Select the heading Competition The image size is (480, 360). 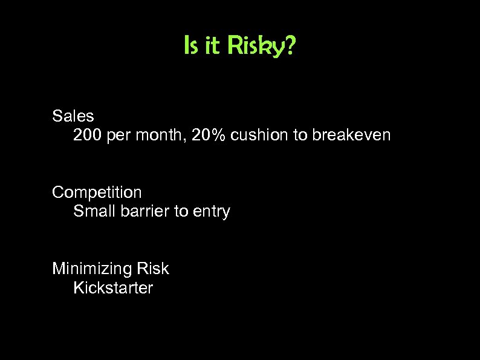pyautogui.click(x=97, y=192)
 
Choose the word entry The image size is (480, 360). pyautogui.click(x=212, y=212)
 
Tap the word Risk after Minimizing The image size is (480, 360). pyautogui.click(x=153, y=268)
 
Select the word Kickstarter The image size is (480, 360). pyautogui.click(x=113, y=287)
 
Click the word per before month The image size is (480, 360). pyautogui.click(x=120, y=136)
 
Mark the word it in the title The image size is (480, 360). pyautogui.click(x=212, y=46)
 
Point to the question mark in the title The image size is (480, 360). pyautogui.click(x=291, y=46)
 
